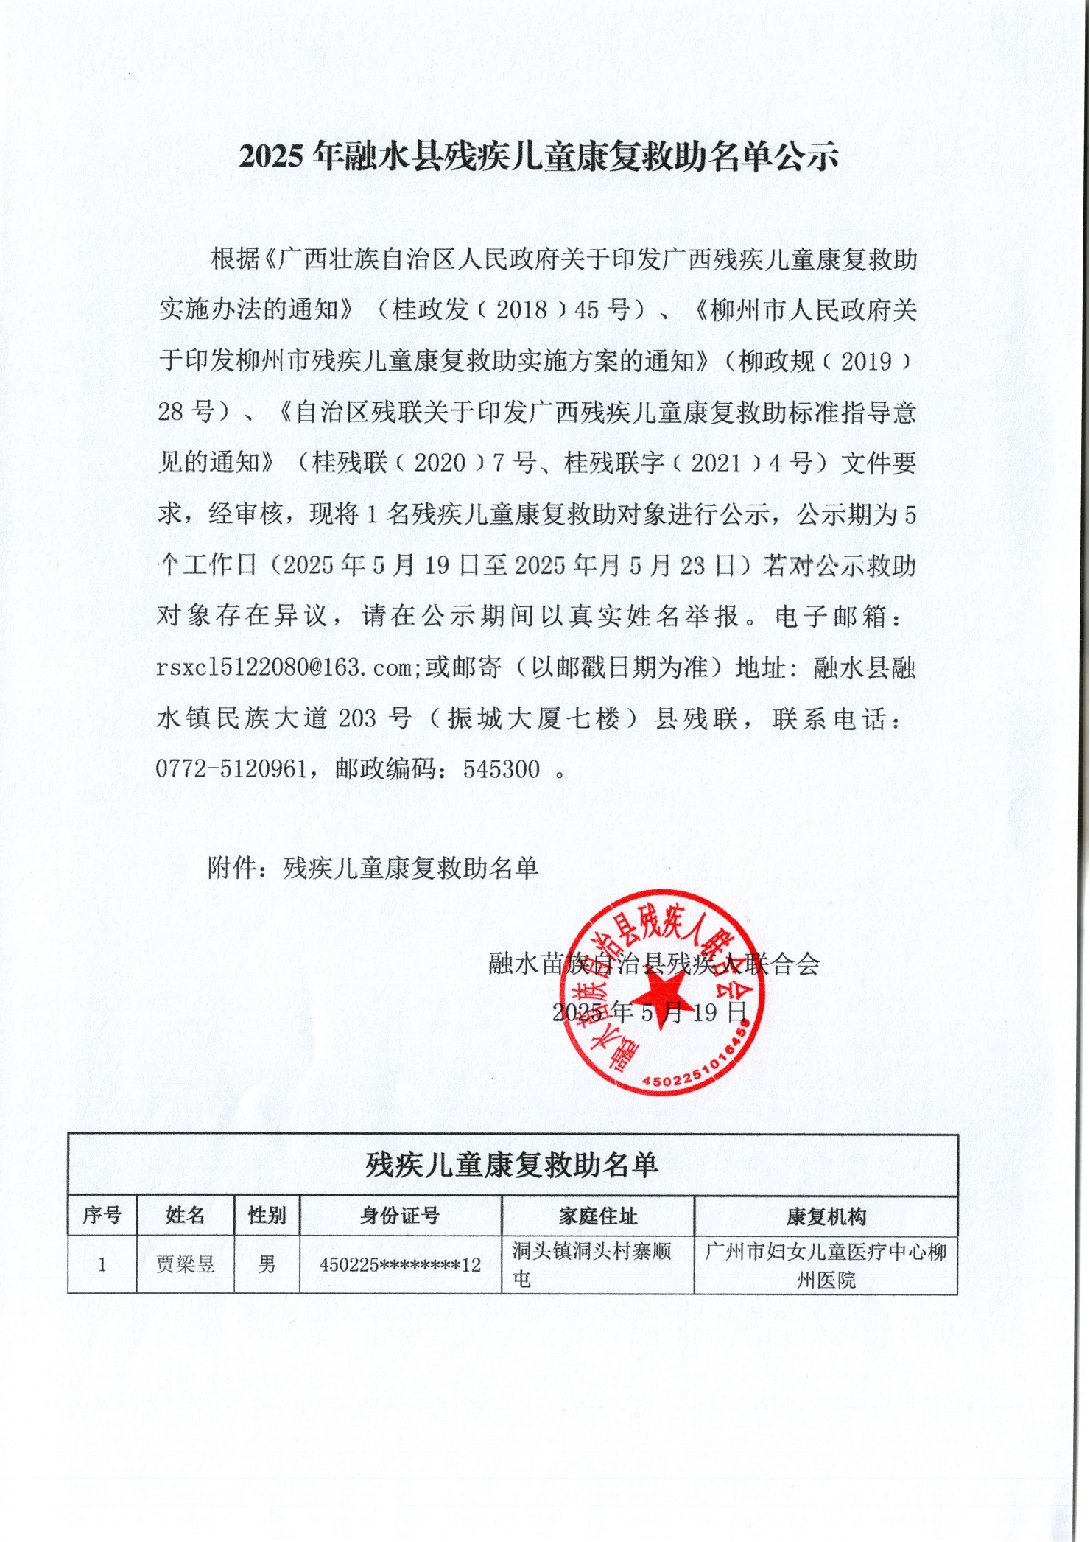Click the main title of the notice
click(x=539, y=156)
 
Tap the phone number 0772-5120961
click(x=231, y=769)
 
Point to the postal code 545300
click(x=502, y=769)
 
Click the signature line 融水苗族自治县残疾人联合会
click(x=654, y=964)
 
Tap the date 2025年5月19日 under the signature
click(x=650, y=1012)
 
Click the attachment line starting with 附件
click(x=373, y=868)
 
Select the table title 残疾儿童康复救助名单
click(x=512, y=1165)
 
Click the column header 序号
click(x=102, y=1215)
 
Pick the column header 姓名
click(x=185, y=1215)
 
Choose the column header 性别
click(x=267, y=1215)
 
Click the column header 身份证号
click(x=400, y=1216)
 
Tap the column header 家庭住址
click(x=597, y=1216)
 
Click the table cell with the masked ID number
click(x=400, y=1265)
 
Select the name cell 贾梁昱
click(x=185, y=1265)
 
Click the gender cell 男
click(x=267, y=1265)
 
